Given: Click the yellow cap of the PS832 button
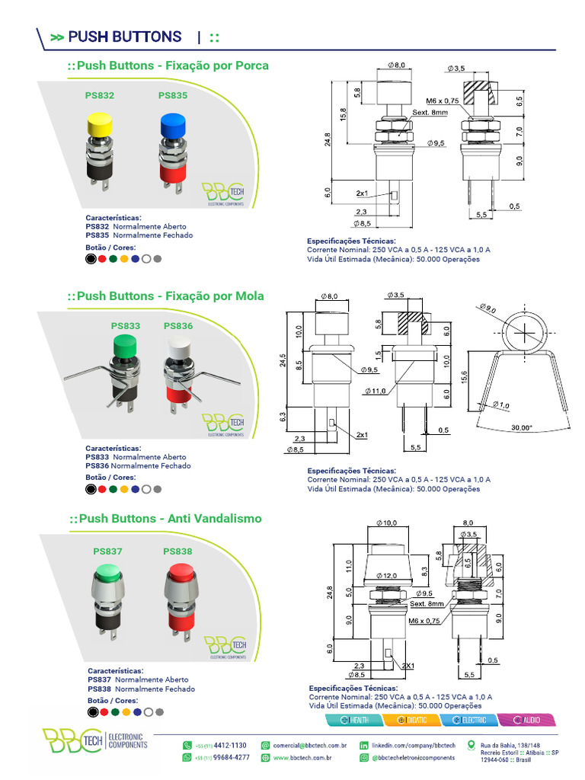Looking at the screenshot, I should tap(101, 122).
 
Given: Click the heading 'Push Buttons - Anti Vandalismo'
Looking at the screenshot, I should tap(165, 519).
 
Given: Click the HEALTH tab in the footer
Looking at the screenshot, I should tap(355, 720).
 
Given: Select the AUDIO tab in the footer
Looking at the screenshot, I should tap(526, 720).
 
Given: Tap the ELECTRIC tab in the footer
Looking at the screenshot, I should tap(469, 720).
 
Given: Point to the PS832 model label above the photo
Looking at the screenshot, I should tap(100, 96).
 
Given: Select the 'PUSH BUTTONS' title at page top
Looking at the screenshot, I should tap(125, 37).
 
